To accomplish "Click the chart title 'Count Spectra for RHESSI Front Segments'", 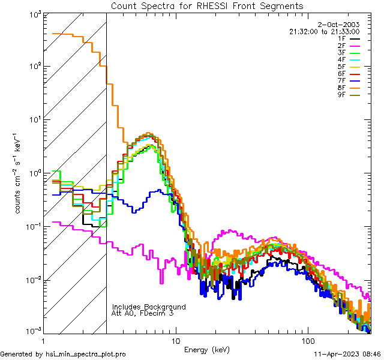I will click(207, 6).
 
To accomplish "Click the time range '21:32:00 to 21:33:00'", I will click(341, 31).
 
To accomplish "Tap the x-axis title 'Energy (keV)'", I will click(206, 349).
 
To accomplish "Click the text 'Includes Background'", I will click(149, 307).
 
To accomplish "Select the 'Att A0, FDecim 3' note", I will click(142, 313).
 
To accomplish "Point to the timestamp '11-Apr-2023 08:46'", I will click(347, 355).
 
